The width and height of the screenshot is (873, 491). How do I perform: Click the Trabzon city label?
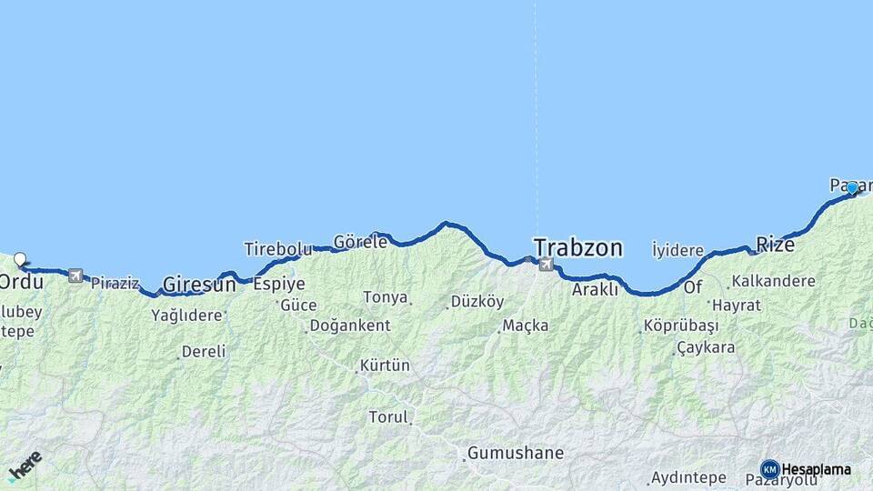578,247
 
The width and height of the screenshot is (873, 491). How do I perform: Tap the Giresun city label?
199,285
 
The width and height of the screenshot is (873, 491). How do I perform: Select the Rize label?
776,245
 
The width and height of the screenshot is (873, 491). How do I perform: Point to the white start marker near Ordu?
20,259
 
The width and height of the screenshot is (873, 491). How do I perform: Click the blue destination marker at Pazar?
852,188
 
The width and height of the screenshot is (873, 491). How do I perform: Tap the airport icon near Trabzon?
546,265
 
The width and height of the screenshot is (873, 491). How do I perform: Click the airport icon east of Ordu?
75,276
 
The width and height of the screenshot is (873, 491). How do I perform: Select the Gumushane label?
516,453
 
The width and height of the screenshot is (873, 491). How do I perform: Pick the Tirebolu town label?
277,249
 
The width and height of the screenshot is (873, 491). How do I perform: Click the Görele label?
360,243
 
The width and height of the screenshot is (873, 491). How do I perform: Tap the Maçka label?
526,325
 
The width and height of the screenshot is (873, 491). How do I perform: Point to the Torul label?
388,417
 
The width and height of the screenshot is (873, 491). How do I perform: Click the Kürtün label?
385,366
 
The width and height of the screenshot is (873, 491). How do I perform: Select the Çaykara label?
707,348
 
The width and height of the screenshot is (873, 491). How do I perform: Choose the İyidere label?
677,250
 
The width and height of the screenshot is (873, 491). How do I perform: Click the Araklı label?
595,290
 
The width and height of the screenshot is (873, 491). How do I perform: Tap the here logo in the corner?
25,466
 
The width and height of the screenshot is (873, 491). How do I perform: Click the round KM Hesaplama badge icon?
769,469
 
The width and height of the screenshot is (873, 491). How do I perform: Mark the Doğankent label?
351,326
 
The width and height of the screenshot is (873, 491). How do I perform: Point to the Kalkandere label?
773,281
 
